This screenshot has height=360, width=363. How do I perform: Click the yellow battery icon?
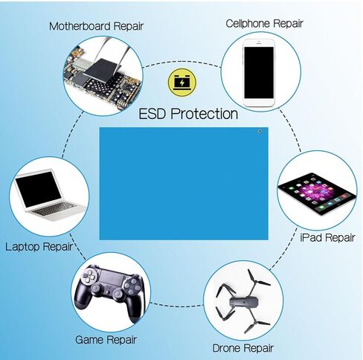[x=182, y=83]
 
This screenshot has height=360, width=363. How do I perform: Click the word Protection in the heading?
[x=204, y=114]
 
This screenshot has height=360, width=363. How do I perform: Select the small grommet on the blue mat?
[x=260, y=131]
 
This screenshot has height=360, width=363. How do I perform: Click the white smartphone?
[x=259, y=73]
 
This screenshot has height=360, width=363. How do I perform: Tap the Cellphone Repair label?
[x=264, y=24]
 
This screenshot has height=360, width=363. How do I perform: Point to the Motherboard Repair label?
[x=96, y=26]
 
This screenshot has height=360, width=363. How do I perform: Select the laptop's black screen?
[x=38, y=190]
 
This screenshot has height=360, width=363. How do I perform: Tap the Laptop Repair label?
[x=39, y=247]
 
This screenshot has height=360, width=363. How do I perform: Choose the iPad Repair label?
[x=327, y=237]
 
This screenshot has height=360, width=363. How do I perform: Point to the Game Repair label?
[x=106, y=339]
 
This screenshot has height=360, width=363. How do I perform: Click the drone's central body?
[x=244, y=302]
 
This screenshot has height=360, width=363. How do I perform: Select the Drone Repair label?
[x=242, y=348]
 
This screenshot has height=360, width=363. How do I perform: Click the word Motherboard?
[x=80, y=26]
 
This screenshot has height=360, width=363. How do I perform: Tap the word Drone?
[x=227, y=348]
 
